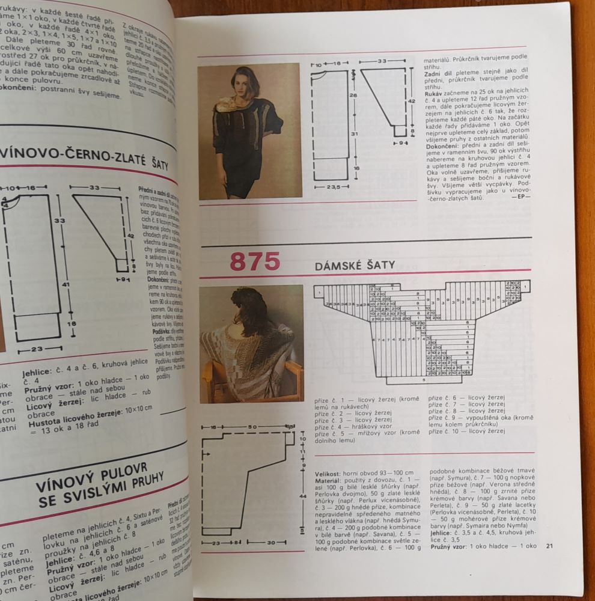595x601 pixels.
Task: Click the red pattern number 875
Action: [255, 263]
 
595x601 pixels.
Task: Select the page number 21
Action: [549, 546]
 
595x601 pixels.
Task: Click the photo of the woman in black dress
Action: [249, 132]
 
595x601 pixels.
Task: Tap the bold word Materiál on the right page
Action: [329, 481]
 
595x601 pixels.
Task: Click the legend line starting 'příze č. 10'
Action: [466, 431]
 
